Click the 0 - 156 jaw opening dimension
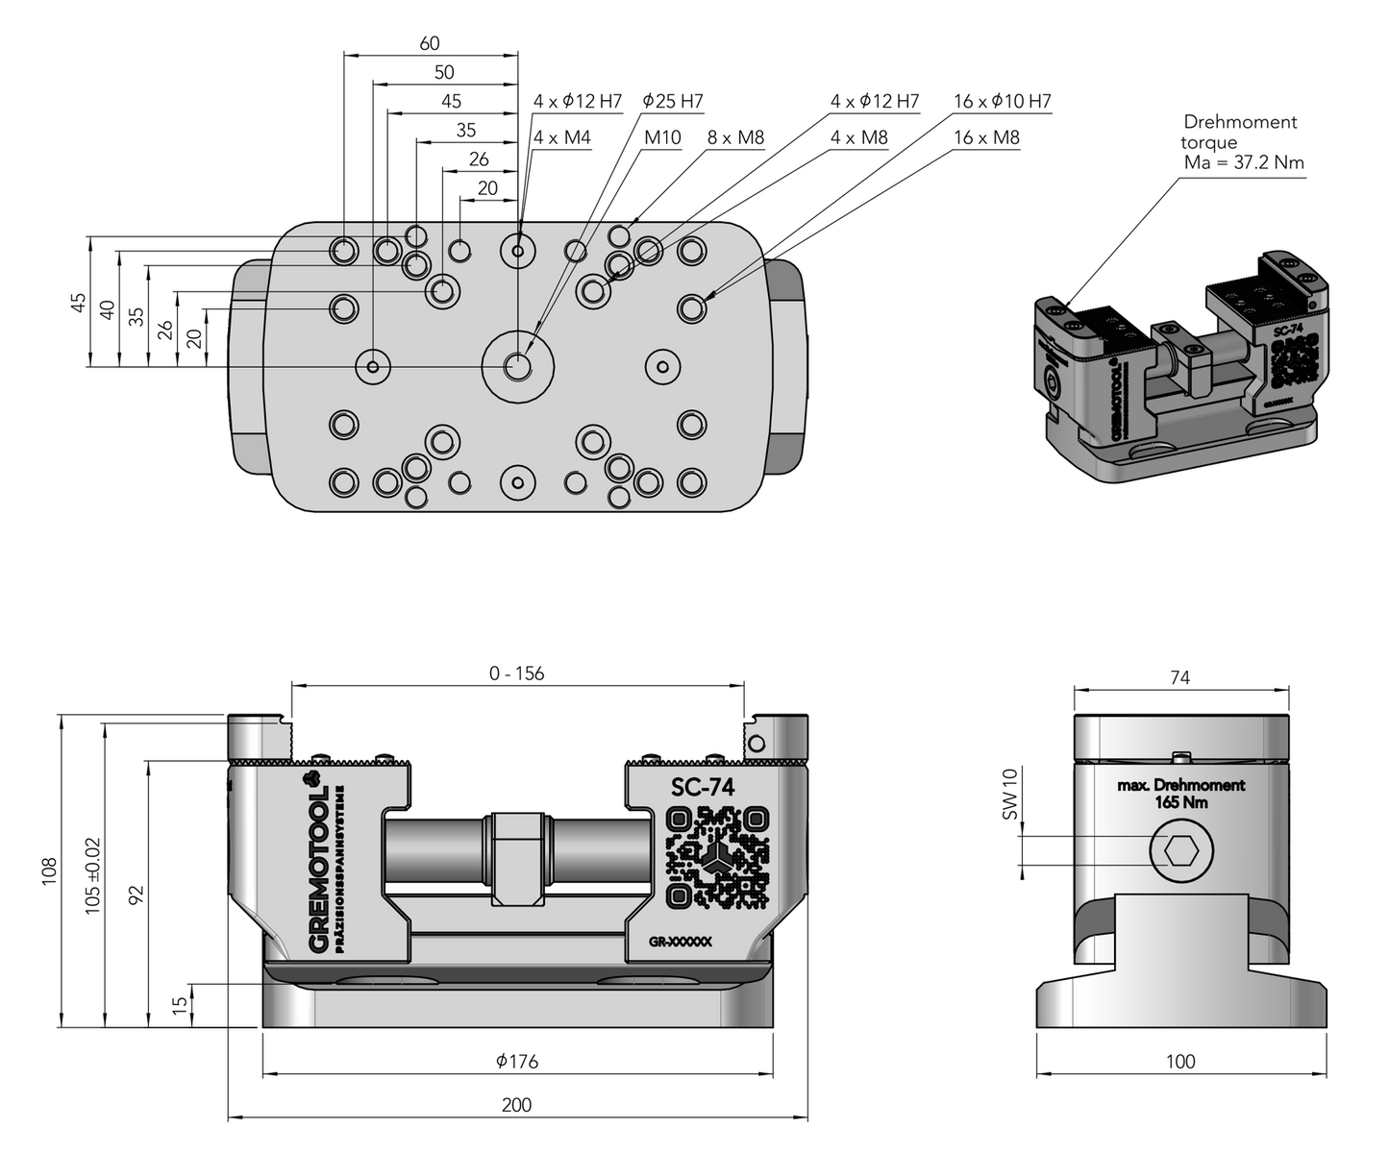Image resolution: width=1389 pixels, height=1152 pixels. pyautogui.click(x=516, y=674)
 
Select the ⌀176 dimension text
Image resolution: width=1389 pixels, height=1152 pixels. pyautogui.click(x=517, y=1062)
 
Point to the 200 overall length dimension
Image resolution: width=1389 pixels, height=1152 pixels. pyautogui.click(x=516, y=1105)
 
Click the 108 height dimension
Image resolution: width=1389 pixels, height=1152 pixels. pyautogui.click(x=50, y=870)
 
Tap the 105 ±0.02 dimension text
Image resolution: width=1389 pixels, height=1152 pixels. pyautogui.click(x=92, y=875)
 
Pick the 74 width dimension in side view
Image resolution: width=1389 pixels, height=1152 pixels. pyautogui.click(x=1179, y=677)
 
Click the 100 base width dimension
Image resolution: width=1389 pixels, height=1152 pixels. pyautogui.click(x=1179, y=1062)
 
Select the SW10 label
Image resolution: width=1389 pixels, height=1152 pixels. pyautogui.click(x=1009, y=794)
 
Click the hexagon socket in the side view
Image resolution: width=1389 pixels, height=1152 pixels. pyautogui.click(x=1180, y=850)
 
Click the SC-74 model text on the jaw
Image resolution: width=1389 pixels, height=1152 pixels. pyautogui.click(x=703, y=788)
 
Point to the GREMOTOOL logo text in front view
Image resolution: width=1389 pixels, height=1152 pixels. pyautogui.click(x=320, y=870)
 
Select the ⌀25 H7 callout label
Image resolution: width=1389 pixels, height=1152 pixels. pyautogui.click(x=673, y=101)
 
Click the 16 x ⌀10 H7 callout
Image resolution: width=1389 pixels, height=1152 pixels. pyautogui.click(x=1003, y=101)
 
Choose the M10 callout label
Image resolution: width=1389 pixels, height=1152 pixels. pyautogui.click(x=662, y=137)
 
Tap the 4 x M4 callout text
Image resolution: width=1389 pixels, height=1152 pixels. pyautogui.click(x=562, y=137)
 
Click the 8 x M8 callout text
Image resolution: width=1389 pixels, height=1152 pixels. pyautogui.click(x=736, y=137)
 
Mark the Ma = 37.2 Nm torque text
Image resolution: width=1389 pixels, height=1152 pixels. pyautogui.click(x=1244, y=162)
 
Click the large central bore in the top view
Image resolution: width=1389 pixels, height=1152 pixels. pyautogui.click(x=518, y=365)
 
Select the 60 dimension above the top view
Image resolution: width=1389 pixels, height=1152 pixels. pyautogui.click(x=430, y=43)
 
